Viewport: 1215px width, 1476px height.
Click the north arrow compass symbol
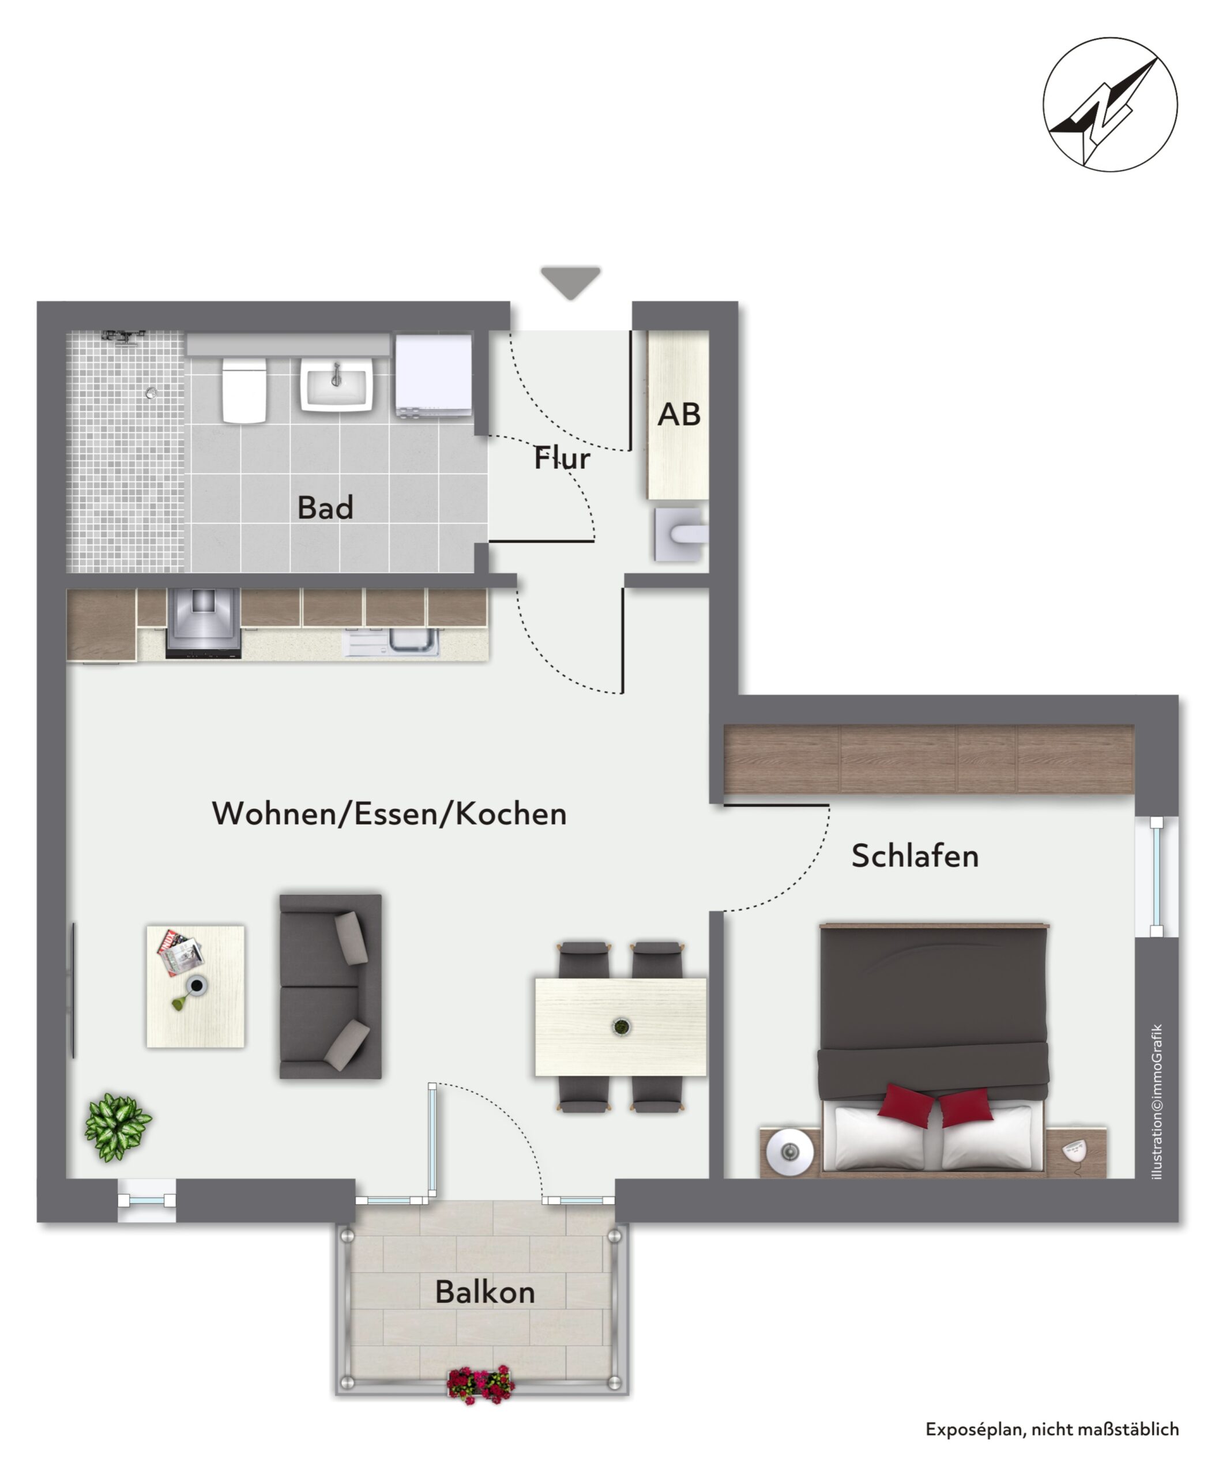pos(1110,104)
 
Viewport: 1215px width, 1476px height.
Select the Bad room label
pos(325,507)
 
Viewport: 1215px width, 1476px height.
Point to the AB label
pos(679,415)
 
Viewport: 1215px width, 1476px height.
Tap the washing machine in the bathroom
pos(434,376)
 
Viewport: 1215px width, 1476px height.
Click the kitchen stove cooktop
pos(203,623)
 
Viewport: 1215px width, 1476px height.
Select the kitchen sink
pos(413,641)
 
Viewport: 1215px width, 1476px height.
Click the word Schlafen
pos(915,856)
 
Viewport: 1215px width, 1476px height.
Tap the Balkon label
pos(485,1292)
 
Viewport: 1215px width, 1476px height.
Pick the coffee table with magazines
pos(195,987)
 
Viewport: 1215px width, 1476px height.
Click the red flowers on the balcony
pos(480,1385)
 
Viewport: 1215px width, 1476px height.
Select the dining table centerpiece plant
pos(621,1027)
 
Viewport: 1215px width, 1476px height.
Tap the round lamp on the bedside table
pos(790,1151)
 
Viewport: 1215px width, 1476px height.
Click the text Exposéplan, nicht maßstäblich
pos(1052,1429)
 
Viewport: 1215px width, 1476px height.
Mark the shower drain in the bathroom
pos(151,393)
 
